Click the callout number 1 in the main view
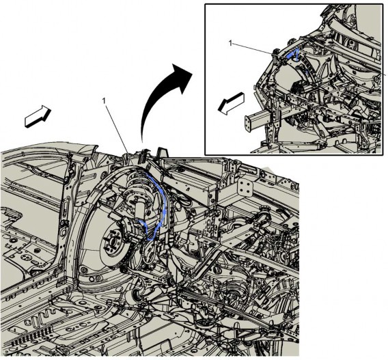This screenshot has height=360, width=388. click(x=105, y=101)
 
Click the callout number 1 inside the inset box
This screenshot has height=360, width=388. click(x=231, y=44)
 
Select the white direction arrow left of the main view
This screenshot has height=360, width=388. click(x=38, y=117)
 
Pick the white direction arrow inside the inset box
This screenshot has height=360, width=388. click(x=231, y=104)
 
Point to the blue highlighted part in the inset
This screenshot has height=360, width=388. click(x=294, y=55)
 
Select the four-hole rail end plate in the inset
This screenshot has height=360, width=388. click(x=247, y=124)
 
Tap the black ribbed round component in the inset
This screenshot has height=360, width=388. click(x=299, y=87)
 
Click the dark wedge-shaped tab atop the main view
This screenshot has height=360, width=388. click(x=163, y=152)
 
